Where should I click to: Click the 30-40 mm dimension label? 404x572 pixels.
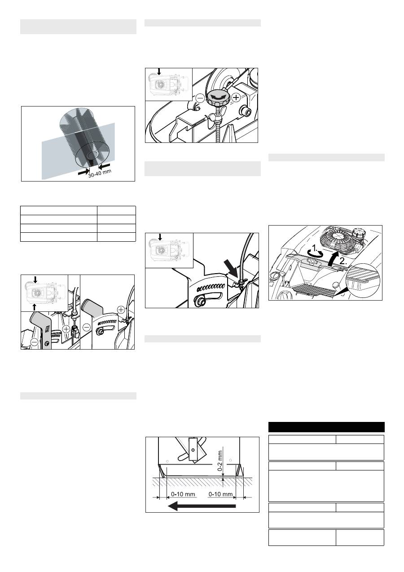click(x=100, y=173)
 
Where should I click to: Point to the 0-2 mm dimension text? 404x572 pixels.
click(x=220, y=461)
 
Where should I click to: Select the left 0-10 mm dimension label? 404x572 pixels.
click(x=183, y=494)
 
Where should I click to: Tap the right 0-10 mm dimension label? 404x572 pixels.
click(x=220, y=494)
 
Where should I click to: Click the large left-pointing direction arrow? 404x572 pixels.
click(x=202, y=506)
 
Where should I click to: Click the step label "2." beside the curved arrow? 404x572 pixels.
click(x=343, y=261)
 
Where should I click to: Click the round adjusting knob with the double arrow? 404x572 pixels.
click(x=216, y=98)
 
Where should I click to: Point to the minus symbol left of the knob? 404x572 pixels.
click(x=200, y=98)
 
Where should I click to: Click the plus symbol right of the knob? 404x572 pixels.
click(x=237, y=98)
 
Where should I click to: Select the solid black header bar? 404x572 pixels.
click(x=326, y=427)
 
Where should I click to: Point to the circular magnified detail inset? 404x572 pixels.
click(x=363, y=280)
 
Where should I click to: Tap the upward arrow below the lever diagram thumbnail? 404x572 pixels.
click(x=35, y=307)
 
